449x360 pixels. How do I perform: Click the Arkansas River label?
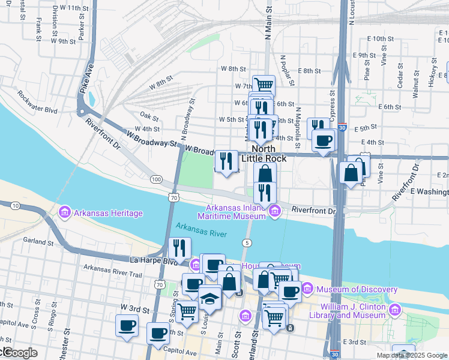pos(201,230)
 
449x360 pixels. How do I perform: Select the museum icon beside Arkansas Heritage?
pos(64,213)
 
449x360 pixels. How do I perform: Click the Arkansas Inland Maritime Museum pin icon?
pos(275,211)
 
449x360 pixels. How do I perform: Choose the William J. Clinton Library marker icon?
pos(395,310)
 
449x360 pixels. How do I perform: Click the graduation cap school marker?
pos(210,297)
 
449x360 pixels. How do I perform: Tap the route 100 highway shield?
pos(157,179)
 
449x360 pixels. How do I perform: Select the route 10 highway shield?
pos(14,205)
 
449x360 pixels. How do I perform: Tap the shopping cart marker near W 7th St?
pos(264,85)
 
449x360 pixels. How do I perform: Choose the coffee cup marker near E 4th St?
pos(323,140)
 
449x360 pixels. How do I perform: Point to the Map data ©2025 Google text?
pos(412,355)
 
